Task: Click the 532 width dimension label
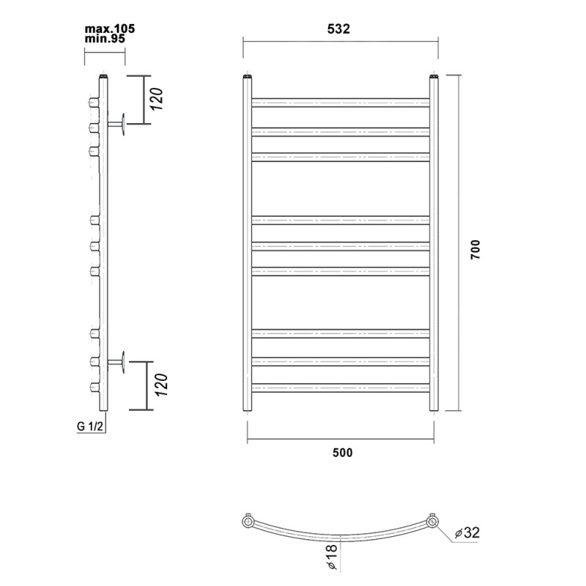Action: [x=338, y=29]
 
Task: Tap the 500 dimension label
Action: [x=342, y=453]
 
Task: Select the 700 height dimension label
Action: [x=475, y=250]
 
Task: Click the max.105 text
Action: [x=109, y=29]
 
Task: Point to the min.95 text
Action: [x=105, y=39]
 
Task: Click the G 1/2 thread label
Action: [x=89, y=426]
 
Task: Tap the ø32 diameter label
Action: [x=467, y=533]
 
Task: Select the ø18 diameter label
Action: [x=333, y=557]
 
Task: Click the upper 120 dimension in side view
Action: [x=157, y=99]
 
